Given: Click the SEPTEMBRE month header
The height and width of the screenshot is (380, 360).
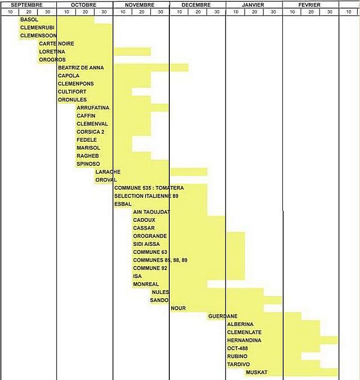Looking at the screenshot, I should point(27,5).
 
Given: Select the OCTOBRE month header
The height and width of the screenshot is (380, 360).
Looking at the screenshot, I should point(84,5).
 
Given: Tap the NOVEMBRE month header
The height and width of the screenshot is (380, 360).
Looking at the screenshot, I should point(140,5).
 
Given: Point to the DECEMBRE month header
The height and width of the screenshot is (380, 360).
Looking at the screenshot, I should point(197,5).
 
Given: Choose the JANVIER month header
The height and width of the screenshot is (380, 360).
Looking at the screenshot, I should point(253,5).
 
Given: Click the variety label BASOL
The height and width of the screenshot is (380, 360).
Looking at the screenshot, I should point(29,20).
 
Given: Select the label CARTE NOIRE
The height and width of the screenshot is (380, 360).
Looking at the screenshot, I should point(57,44).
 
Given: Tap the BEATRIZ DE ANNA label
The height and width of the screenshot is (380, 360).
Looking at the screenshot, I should point(81,68).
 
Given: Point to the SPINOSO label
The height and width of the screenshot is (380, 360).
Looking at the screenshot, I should point(88,164).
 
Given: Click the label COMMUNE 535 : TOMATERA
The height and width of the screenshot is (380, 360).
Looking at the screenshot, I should point(149,188).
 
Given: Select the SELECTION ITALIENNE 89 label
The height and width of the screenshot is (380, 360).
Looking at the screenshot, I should point(147,196).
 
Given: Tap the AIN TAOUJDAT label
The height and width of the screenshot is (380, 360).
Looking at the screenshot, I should point(152,212).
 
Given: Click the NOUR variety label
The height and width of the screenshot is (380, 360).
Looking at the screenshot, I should point(178,308).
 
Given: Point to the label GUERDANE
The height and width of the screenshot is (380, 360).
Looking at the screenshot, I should point(223,317).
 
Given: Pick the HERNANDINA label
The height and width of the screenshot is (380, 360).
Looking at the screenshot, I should point(244,341).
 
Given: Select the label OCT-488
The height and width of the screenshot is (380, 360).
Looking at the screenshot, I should point(238,348).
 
